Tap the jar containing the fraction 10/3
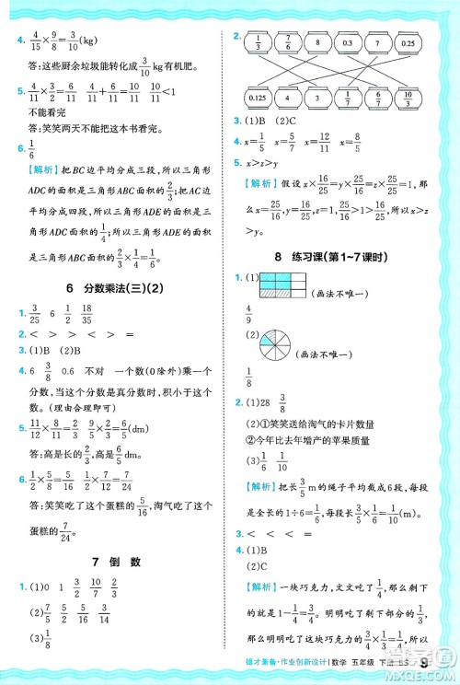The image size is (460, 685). coord(408,97)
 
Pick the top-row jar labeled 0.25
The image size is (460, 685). coord(408,43)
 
